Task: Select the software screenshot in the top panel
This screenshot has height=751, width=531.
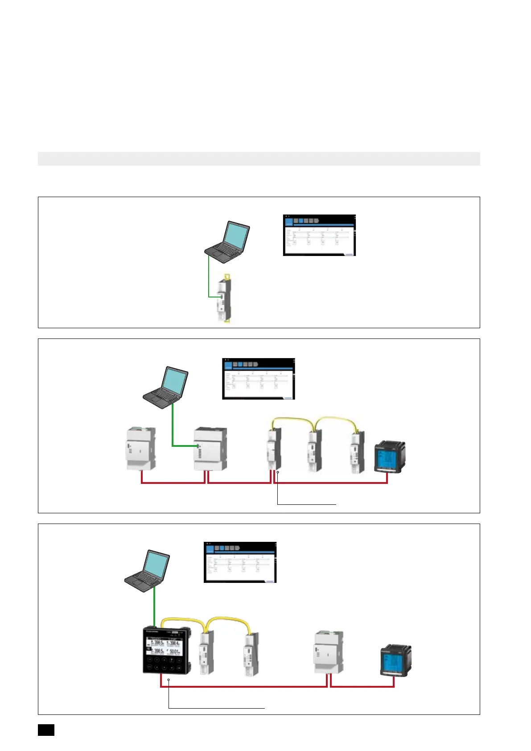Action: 319,235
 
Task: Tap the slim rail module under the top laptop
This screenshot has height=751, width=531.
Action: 224,298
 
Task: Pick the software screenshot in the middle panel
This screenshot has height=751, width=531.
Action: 259,379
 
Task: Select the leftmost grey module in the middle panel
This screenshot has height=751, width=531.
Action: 141,449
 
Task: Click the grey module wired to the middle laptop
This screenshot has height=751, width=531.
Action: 210,449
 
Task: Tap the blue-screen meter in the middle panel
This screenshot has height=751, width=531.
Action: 389,457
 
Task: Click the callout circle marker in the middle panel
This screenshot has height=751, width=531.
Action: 278,472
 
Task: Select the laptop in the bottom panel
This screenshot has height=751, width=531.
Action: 148,571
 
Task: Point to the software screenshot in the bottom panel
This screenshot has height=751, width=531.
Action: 240,562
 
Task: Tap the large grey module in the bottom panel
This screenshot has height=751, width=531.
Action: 329,652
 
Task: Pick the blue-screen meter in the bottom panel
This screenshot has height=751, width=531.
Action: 395,660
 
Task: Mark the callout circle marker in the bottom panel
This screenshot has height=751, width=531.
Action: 169,680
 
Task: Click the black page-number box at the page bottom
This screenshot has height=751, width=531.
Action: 46,730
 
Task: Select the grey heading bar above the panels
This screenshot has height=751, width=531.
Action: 259,159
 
